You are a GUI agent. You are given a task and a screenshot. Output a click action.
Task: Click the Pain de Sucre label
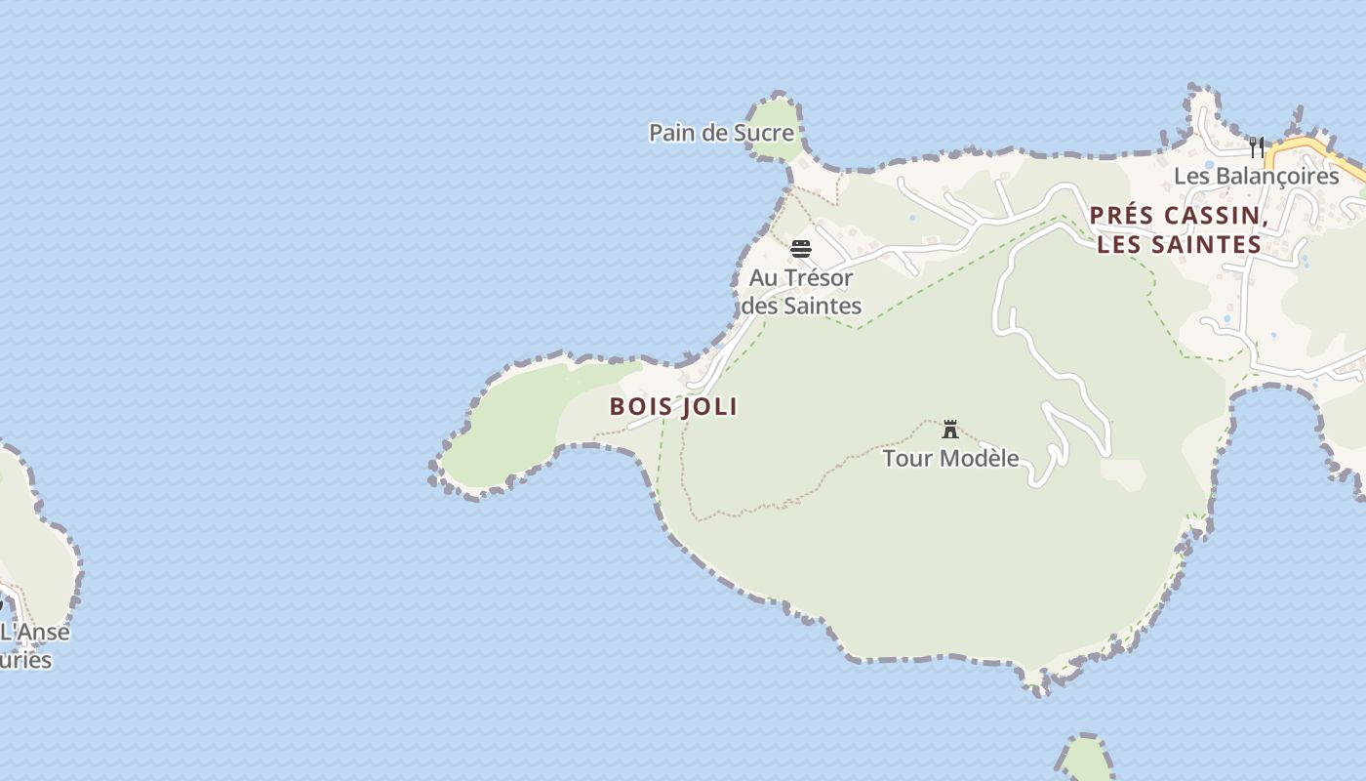point(721,133)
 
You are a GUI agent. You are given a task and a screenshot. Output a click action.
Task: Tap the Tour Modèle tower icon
point(950,430)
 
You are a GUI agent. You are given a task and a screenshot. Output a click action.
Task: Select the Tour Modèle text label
point(950,458)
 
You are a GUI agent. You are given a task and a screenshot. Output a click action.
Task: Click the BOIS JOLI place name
point(673,406)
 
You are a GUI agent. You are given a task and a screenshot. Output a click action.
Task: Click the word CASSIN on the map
point(1217,216)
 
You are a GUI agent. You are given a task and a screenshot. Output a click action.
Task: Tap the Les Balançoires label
point(1256,177)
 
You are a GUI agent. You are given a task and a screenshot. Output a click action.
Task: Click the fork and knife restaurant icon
point(1257,147)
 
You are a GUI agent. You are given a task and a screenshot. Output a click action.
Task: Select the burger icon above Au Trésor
point(801,249)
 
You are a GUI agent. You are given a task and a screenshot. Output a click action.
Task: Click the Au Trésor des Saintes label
point(801,292)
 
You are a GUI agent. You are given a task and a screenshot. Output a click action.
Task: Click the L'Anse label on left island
point(35,632)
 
